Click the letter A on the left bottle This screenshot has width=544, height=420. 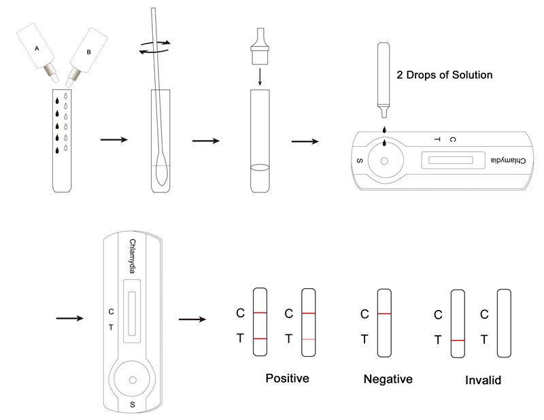coord(37,48)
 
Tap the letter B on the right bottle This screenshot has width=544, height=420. coord(88,52)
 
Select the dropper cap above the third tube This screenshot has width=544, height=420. coord(260,46)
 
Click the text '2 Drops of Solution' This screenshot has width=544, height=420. coord(445,75)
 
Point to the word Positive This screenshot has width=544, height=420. coord(287,378)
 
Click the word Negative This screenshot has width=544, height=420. coord(388,379)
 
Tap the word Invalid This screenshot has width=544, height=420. coord(483,380)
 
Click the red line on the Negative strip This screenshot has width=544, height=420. coord(384,314)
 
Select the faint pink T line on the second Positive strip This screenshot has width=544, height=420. coord(309,339)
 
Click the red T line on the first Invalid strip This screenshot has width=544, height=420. coord(458,340)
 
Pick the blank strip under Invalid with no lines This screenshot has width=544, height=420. coord(504,323)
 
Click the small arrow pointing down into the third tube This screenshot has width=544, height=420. coord(260,77)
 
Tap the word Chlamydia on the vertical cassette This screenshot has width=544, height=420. coord(132,256)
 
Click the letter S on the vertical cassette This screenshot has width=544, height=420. coord(132,404)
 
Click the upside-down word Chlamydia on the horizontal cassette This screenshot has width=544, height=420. coord(508,160)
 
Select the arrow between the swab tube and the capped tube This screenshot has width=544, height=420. coord(206,141)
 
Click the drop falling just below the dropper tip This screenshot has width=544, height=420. coord(384,130)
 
